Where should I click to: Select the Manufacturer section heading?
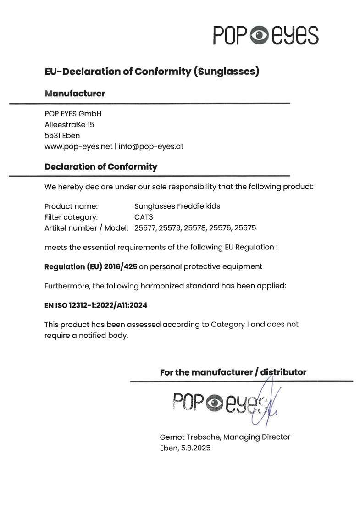[x=75, y=94]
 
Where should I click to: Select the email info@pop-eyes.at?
[x=151, y=146]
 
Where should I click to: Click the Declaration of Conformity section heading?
[x=101, y=167]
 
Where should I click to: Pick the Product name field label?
[x=71, y=206]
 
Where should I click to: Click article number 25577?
[x=145, y=228]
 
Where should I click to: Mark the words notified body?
[x=105, y=335]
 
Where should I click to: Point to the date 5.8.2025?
[x=194, y=448]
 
